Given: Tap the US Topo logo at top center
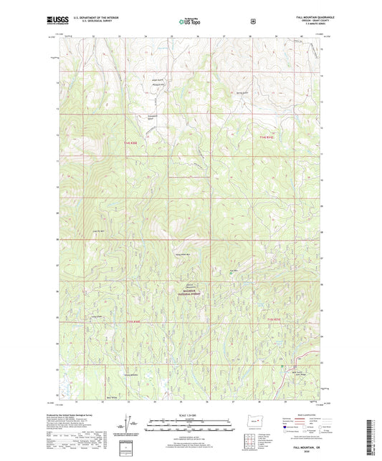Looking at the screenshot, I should click(190, 22).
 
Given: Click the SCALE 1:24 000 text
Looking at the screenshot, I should click(190, 416).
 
